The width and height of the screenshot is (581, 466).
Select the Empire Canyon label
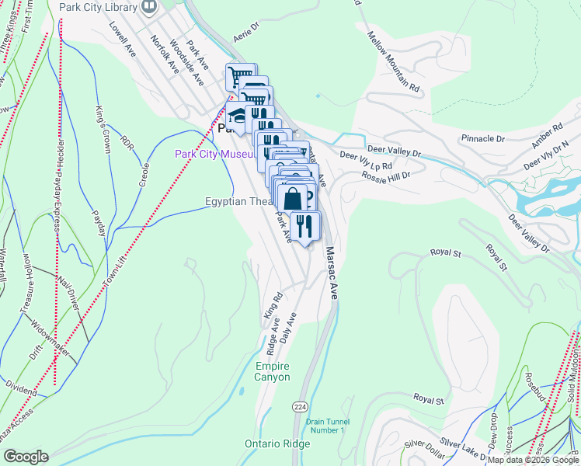pyautogui.click(x=272, y=371)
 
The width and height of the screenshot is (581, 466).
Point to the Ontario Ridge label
pyautogui.click(x=277, y=443)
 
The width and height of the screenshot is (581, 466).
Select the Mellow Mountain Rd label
pyautogui.click(x=394, y=63)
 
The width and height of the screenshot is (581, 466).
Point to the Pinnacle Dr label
pyautogui.click(x=482, y=138)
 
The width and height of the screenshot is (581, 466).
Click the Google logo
pyautogui.click(x=25, y=457)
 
